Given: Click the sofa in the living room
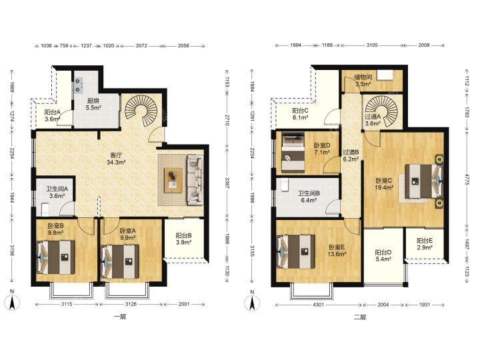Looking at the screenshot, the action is (x=195, y=180).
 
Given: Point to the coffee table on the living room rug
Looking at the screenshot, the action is (x=173, y=180).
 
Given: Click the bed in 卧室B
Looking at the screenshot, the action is (x=55, y=257).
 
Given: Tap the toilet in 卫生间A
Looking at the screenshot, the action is (x=45, y=210).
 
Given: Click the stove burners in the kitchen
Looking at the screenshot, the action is (x=79, y=85).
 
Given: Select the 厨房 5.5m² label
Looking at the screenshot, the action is (x=93, y=104).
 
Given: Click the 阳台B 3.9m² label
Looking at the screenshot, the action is (x=184, y=239).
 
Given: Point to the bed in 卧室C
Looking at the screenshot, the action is (x=424, y=181).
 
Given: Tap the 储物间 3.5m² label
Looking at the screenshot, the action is (x=363, y=81).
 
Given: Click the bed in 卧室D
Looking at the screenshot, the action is (x=293, y=152).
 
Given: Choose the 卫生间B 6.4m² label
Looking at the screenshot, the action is (x=309, y=197).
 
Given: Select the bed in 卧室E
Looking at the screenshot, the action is (x=295, y=251).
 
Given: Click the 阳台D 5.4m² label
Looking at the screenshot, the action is (x=383, y=256).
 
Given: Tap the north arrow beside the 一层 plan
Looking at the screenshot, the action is (x=12, y=301).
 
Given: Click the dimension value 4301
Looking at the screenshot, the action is (x=319, y=305).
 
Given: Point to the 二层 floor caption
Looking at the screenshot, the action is (x=360, y=317).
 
